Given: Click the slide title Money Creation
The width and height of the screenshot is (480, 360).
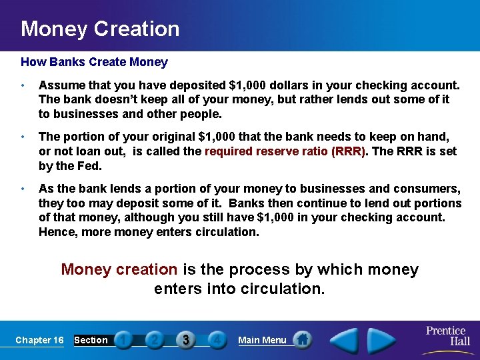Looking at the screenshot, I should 100,29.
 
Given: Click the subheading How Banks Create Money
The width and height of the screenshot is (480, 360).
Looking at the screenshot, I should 94,62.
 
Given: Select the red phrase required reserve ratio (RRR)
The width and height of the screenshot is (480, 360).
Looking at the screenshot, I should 285,151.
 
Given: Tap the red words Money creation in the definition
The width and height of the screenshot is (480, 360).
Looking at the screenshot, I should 119,269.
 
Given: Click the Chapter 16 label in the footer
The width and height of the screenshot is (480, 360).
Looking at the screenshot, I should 39,340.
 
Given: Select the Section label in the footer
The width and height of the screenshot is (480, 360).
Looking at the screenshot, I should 91,340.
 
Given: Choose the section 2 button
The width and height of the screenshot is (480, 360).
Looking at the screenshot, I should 154,339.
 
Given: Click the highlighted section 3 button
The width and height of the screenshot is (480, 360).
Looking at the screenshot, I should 186,339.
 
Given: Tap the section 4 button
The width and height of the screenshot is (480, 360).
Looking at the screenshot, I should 217,339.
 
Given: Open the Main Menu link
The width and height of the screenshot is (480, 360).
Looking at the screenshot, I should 262,340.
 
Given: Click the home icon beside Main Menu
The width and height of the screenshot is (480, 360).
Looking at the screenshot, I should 302,339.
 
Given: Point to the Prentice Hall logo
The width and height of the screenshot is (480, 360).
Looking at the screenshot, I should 447,335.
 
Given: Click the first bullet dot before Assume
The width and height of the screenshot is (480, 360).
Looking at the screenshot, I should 23,86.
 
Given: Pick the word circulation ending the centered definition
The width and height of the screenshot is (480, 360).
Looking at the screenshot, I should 283,289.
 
